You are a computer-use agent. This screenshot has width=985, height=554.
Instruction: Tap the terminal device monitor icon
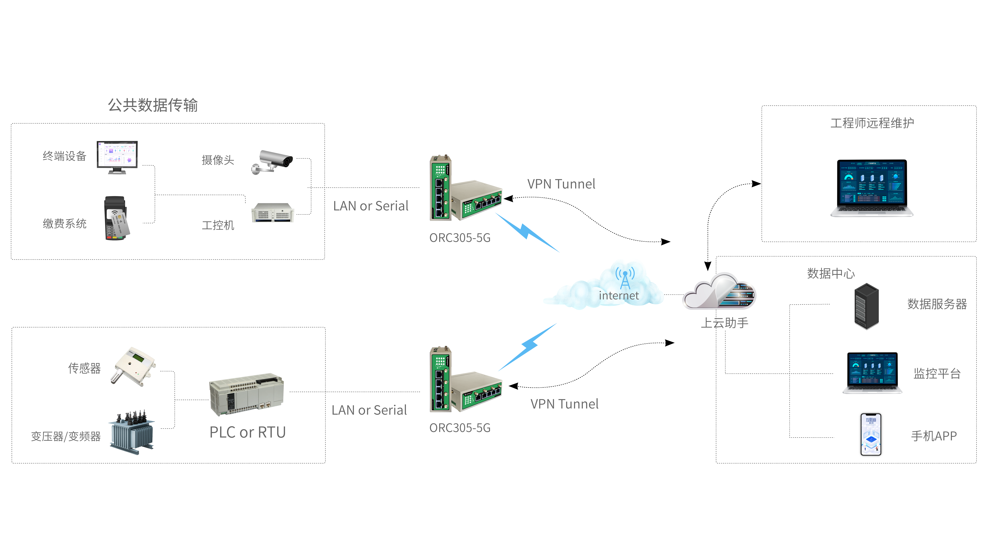(x=117, y=157)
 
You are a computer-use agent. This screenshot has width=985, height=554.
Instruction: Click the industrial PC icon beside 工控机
(x=272, y=213)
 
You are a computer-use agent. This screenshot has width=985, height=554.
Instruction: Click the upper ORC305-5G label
(x=460, y=238)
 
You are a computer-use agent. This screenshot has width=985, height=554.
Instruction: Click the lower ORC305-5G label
(x=460, y=428)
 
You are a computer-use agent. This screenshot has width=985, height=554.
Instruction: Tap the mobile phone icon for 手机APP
(x=871, y=434)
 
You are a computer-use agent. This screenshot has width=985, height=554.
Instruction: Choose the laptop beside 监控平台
(x=872, y=373)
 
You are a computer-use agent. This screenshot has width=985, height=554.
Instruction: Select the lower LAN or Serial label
(x=369, y=410)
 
